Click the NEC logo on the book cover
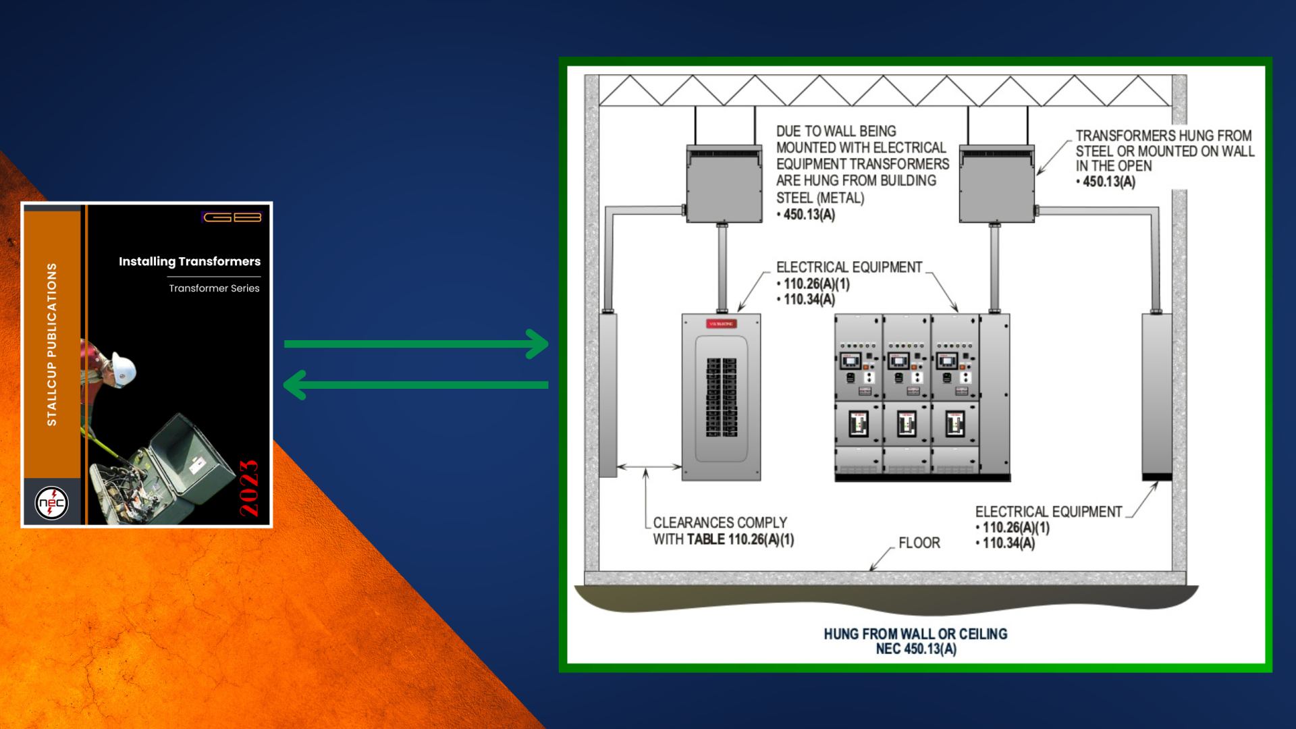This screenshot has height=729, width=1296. (51, 503)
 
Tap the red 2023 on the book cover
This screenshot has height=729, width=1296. (249, 488)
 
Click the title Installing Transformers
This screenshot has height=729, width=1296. (190, 261)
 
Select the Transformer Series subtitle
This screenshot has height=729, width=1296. (214, 288)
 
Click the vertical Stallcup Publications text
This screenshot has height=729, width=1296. (52, 344)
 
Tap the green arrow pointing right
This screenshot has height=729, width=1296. (416, 344)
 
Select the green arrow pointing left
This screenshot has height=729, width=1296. (416, 385)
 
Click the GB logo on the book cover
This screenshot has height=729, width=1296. (232, 217)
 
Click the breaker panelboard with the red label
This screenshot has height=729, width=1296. (721, 397)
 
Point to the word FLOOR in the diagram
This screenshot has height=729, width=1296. (919, 543)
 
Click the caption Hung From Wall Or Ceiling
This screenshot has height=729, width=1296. (915, 634)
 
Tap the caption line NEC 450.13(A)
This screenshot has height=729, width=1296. (915, 649)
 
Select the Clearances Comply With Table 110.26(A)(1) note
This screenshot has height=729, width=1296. (723, 531)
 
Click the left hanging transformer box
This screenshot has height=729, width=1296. (724, 184)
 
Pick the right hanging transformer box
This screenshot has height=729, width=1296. (996, 184)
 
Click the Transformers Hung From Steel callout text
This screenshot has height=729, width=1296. (1164, 159)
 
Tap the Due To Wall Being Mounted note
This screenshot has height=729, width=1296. (861, 173)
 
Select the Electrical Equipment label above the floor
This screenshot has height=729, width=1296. (1048, 512)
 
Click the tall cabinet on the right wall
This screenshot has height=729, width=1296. (1156, 395)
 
